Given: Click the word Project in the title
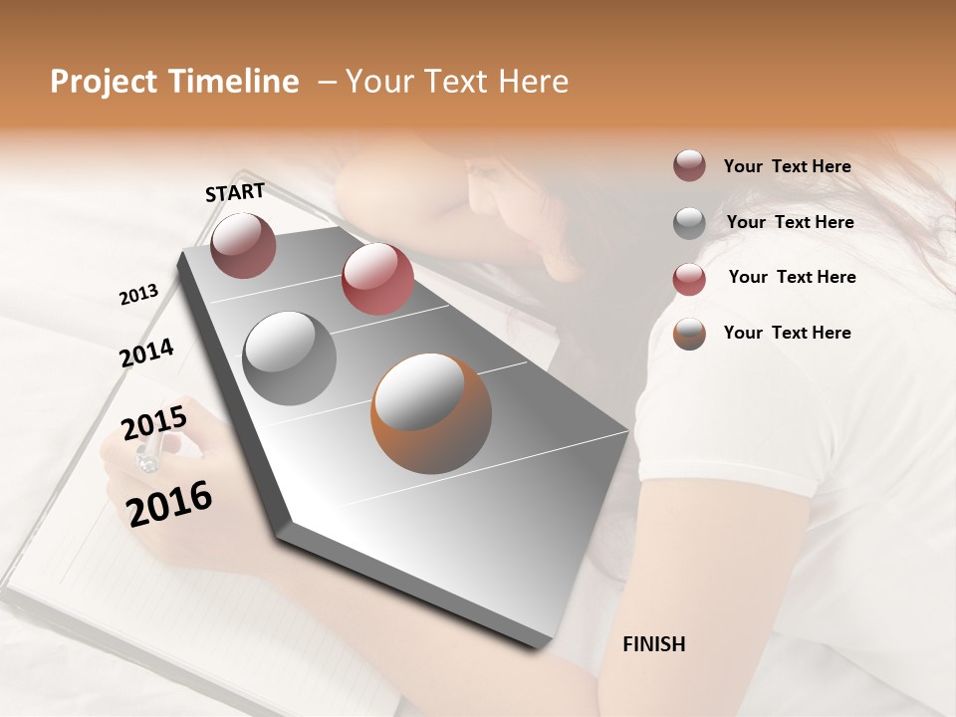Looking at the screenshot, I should click(x=99, y=82).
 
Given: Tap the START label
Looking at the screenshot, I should click(x=235, y=192).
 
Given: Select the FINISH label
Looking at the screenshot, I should click(x=653, y=644).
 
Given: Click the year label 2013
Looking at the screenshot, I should click(x=139, y=294).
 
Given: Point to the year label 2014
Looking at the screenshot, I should click(x=146, y=353).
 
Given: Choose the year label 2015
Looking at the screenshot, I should click(x=153, y=424).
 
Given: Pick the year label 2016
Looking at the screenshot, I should click(x=169, y=504).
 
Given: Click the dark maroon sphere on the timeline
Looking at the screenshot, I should click(x=243, y=245).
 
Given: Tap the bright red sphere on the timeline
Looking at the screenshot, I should click(x=377, y=279).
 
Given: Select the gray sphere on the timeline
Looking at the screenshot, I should click(x=290, y=358).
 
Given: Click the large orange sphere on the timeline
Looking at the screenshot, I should click(x=431, y=413).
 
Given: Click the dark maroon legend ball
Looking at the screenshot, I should click(x=689, y=166).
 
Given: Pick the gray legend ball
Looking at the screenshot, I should click(x=689, y=223).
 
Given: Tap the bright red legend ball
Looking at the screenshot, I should click(x=689, y=279).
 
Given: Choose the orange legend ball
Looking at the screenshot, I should click(x=689, y=334).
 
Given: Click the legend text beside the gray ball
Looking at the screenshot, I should click(x=790, y=222).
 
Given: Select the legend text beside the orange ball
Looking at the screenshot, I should click(x=787, y=333).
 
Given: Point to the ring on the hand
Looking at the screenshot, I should click(x=146, y=458).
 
